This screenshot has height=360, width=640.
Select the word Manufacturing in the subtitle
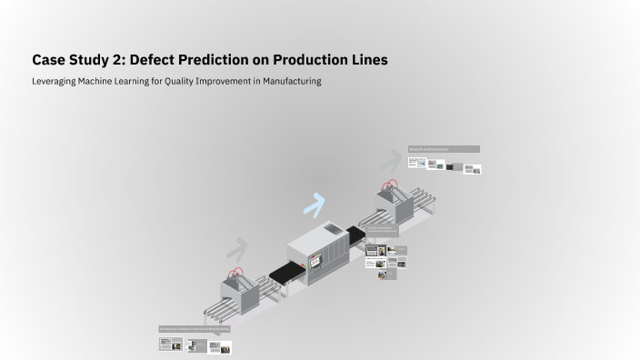[285, 81]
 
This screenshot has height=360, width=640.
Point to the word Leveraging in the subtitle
[54, 81]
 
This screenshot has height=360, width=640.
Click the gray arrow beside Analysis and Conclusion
[391, 160]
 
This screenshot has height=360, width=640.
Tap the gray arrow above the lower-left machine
[236, 248]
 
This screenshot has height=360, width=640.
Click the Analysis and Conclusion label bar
[444, 149]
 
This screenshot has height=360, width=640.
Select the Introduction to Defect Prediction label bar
[195, 328]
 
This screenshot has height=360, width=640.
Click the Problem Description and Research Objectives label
[382, 232]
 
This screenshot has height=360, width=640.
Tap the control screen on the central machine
[317, 262]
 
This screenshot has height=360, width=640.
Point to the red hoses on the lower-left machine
[236, 274]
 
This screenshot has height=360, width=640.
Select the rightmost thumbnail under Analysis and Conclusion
[473, 169]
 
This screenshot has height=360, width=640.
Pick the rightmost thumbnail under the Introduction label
[224, 347]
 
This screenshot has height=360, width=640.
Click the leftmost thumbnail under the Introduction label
[165, 343]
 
